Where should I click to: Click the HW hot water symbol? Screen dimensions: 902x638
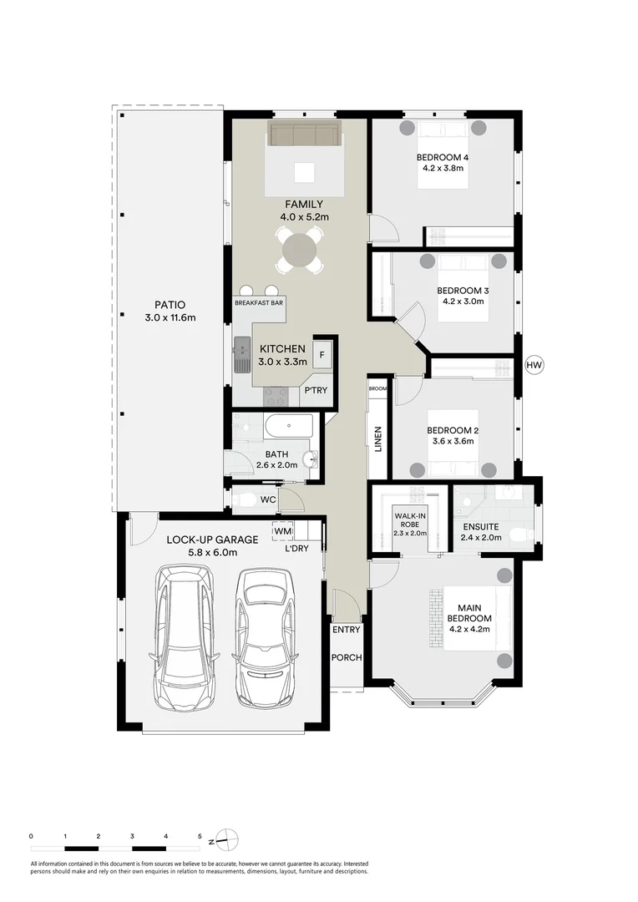tap(534, 365)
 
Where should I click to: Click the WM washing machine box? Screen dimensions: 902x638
tap(282, 530)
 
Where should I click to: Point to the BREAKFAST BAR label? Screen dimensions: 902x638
tap(260, 303)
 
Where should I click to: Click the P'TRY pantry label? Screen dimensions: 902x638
tap(316, 390)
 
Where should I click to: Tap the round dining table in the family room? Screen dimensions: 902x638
tap(301, 249)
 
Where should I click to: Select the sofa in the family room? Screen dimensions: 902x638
tap(303, 134)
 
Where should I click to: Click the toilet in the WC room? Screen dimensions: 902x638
tap(246, 500)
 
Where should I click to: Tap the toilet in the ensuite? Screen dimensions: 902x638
tap(518, 535)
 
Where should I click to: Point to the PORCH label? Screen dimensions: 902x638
tap(347, 657)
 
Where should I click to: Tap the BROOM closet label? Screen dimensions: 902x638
tap(377, 388)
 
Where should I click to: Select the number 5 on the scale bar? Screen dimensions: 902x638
tap(200, 835)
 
